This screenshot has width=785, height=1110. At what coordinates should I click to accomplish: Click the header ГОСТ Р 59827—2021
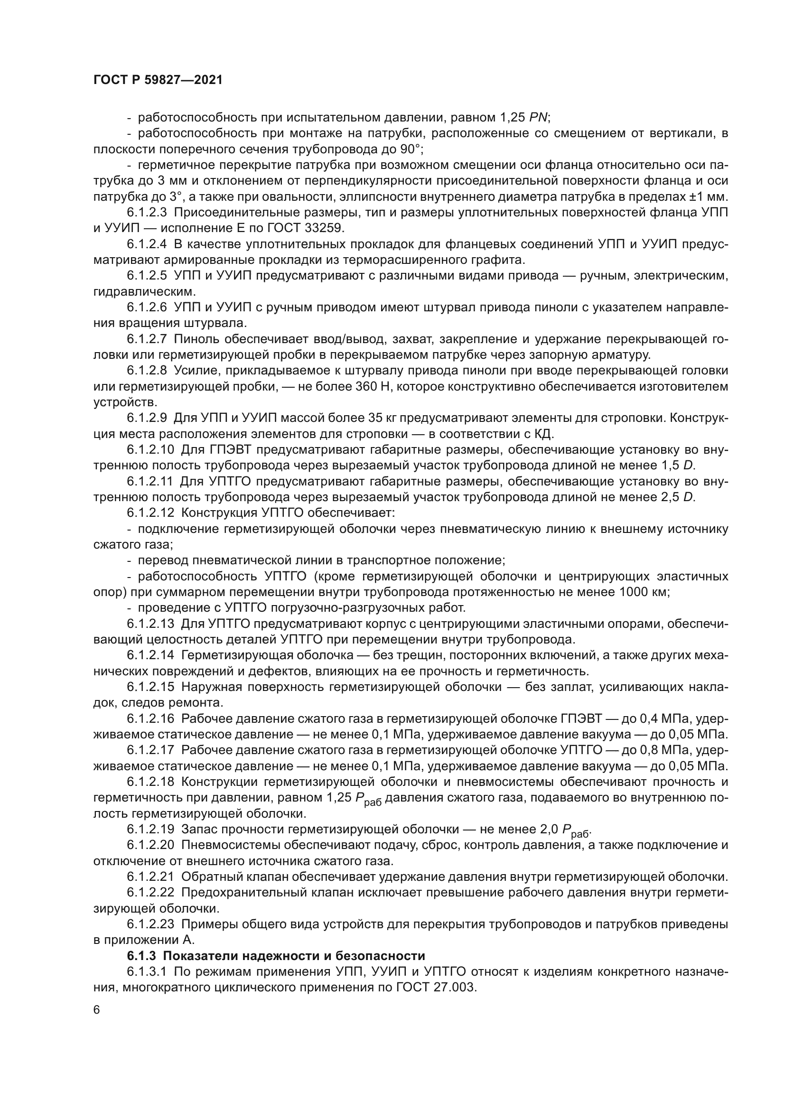click(158, 80)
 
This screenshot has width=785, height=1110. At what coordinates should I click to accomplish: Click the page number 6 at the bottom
click(97, 1010)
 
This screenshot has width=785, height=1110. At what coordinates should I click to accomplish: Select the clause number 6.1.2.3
click(147, 213)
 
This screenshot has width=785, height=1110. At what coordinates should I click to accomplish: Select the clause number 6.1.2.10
click(150, 450)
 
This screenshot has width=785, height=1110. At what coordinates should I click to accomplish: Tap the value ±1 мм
click(709, 197)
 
